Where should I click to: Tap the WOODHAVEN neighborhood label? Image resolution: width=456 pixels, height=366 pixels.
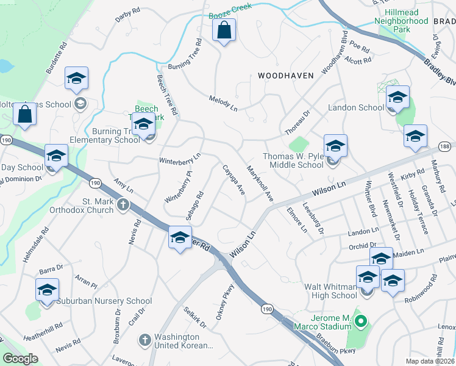pos(285,76)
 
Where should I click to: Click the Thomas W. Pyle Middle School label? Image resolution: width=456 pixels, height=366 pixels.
pos(293,160)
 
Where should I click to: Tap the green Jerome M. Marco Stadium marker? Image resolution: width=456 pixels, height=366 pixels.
pos(360,320)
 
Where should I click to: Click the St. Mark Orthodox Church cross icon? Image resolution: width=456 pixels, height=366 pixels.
pos(123,204)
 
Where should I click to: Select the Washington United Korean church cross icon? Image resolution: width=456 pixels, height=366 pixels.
pos(145,339)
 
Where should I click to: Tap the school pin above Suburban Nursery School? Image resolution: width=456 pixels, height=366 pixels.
pos(47,289)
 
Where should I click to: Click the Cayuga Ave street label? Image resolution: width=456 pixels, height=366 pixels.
pos(233,181)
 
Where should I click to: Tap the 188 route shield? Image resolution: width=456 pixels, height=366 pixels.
pos(447,146)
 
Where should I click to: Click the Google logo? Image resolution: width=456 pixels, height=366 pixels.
pos(21,359)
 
